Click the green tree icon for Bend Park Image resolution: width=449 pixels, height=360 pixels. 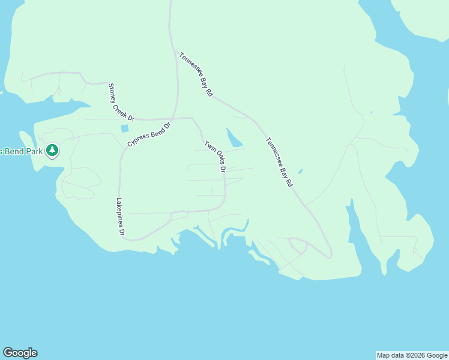tap(53, 150)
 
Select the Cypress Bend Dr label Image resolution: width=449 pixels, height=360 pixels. tap(149, 134)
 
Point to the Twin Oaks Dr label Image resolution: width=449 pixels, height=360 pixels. tap(214, 157)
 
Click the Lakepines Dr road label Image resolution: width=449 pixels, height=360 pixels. tap(120, 217)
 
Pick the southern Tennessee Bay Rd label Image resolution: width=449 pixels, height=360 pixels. tap(279, 162)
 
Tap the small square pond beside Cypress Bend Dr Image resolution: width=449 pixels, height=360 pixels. tap(125, 128)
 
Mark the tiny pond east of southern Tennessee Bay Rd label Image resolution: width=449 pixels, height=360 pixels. tap(300, 171)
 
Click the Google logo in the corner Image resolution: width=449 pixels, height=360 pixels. tap(20, 353)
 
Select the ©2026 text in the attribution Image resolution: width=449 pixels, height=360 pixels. tap(414, 355)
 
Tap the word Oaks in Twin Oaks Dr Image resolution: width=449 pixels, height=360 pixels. tap(215, 158)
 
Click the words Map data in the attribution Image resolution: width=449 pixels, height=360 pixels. tap(390, 355)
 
